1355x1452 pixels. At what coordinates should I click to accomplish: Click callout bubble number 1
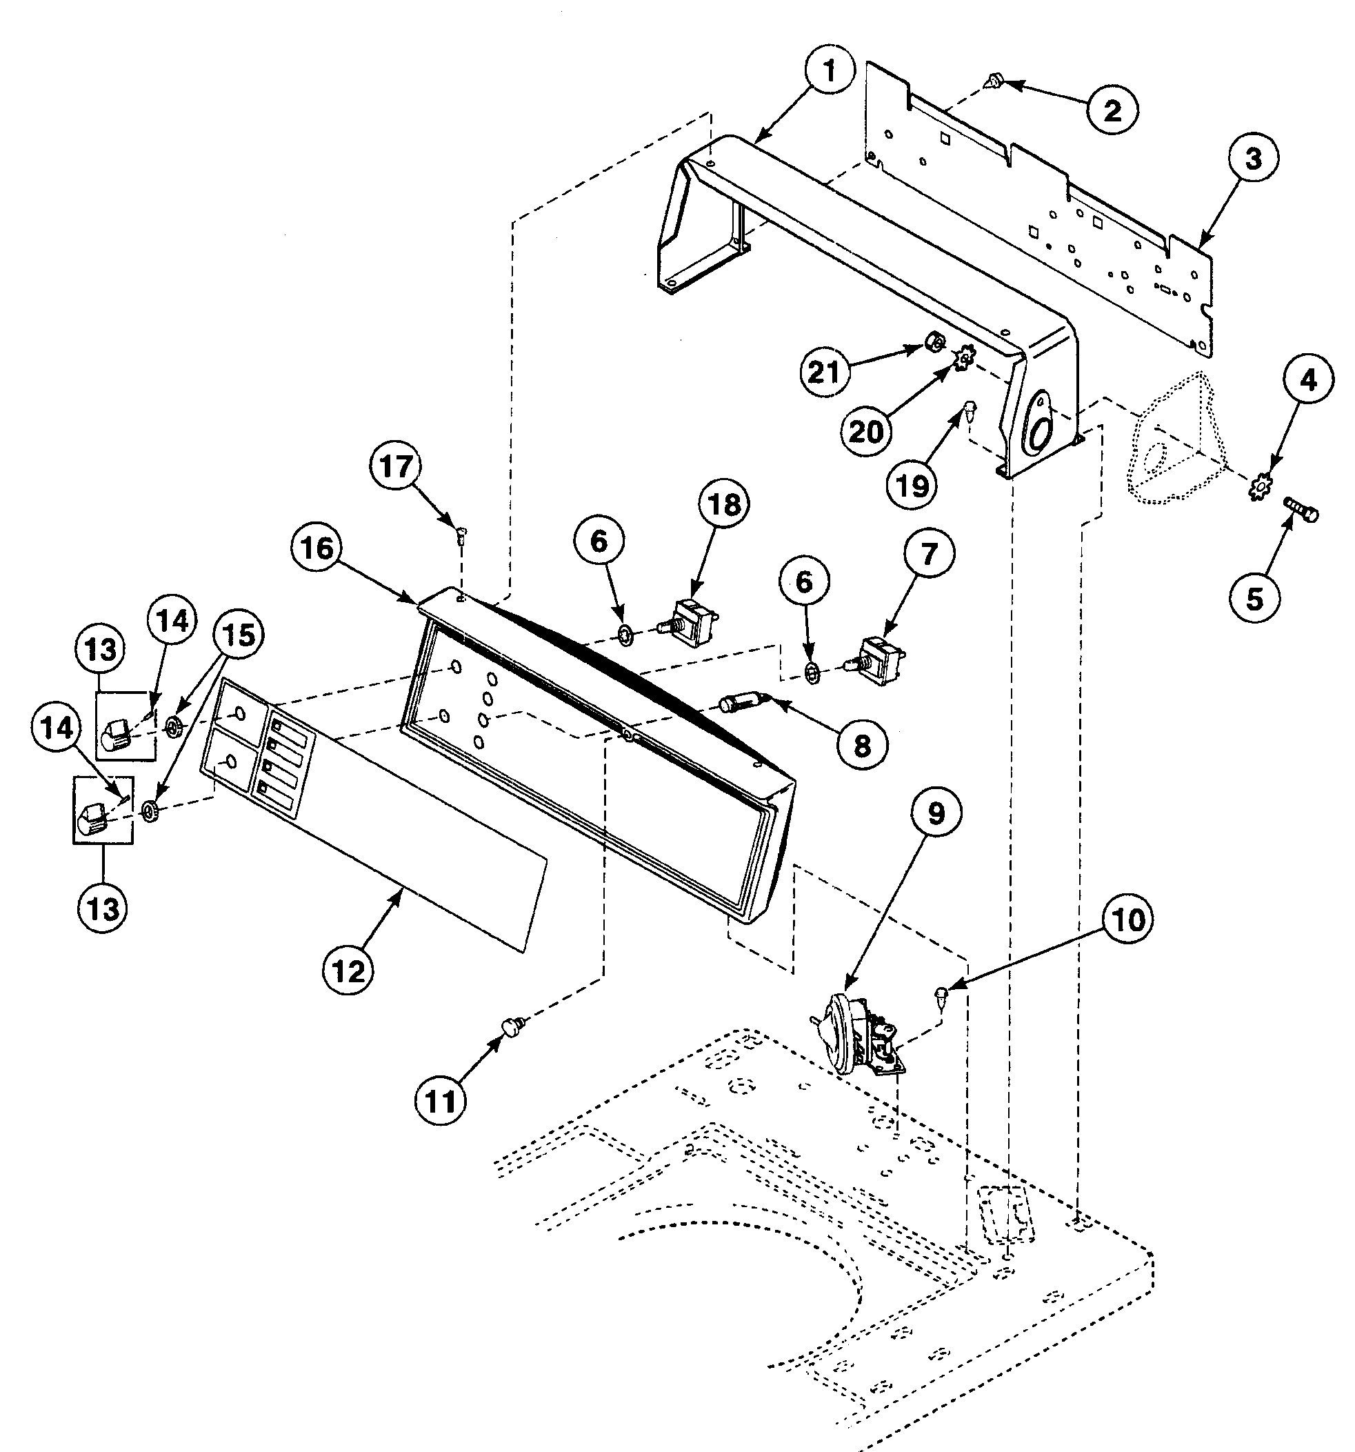(x=829, y=73)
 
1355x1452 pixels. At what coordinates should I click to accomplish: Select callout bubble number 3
(x=1253, y=159)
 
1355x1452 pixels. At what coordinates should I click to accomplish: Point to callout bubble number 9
(x=935, y=814)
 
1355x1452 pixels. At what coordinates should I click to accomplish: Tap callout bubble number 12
(x=348, y=971)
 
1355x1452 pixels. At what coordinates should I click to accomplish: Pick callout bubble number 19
(x=912, y=484)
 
